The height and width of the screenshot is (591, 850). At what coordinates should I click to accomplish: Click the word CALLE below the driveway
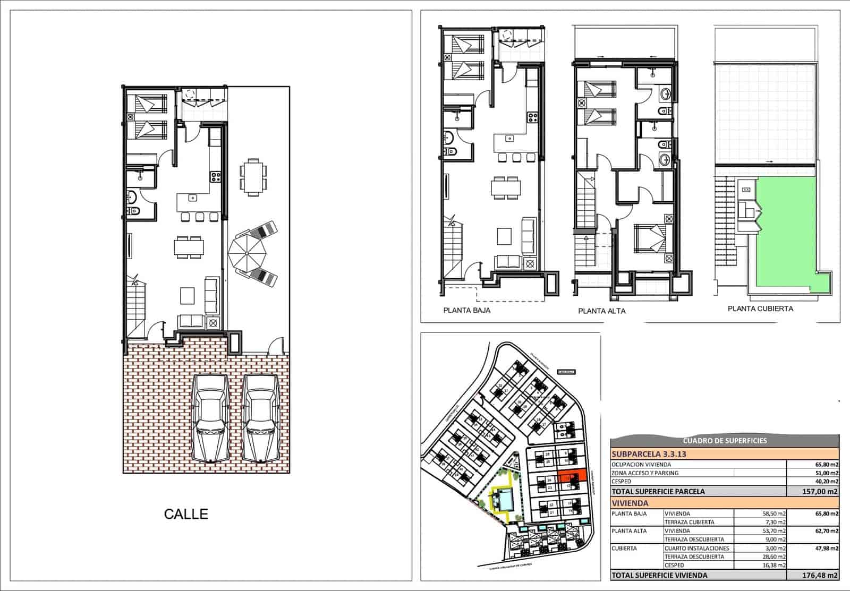point(186,514)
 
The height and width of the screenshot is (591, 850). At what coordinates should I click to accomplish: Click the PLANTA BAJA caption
point(466,311)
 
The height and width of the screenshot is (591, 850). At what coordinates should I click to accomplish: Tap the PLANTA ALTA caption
point(601,311)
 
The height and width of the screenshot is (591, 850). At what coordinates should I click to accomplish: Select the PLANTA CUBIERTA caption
point(760,309)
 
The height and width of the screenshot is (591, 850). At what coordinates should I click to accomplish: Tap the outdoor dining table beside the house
point(253,177)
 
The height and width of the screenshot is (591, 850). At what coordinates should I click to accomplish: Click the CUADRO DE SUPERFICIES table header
point(724,441)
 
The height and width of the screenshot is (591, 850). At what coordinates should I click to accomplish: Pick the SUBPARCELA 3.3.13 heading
point(649,455)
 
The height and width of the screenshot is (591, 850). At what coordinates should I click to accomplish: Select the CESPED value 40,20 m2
point(827,482)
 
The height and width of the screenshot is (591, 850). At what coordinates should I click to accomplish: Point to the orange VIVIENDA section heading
point(630,503)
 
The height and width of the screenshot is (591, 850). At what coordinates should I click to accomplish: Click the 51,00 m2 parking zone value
point(827,473)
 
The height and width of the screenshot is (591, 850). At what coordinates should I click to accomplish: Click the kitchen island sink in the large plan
point(193,198)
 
